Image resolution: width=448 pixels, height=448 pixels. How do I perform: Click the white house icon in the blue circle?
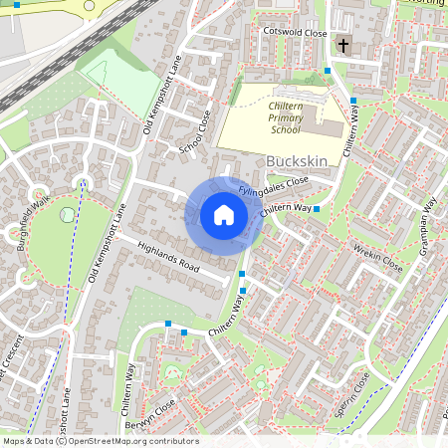tap(224, 215)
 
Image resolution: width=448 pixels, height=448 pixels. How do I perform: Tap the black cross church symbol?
tap(343, 45)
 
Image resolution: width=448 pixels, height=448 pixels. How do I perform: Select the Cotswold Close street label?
tap(294, 33)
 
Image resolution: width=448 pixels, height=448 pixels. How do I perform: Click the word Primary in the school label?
tap(285, 117)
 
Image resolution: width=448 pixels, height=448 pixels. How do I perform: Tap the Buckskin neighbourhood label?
tap(297, 160)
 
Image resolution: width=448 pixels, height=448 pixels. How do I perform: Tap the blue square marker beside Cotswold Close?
tap(328, 71)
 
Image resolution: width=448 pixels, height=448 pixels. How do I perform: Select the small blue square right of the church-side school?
tap(354, 101)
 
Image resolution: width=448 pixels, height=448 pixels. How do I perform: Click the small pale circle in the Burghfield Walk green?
tap(67, 214)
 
